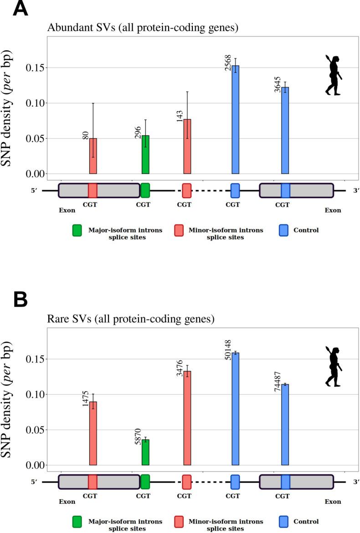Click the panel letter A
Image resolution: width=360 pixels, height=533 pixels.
(20, 9)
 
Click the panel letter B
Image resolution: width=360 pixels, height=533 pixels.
(20, 299)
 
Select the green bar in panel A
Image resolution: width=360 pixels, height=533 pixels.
(145, 154)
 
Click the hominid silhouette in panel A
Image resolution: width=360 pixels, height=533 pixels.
(334, 75)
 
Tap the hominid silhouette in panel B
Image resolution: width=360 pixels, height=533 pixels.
(334, 367)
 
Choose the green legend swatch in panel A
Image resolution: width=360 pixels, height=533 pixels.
(77, 231)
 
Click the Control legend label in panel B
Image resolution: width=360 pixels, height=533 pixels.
(306, 522)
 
